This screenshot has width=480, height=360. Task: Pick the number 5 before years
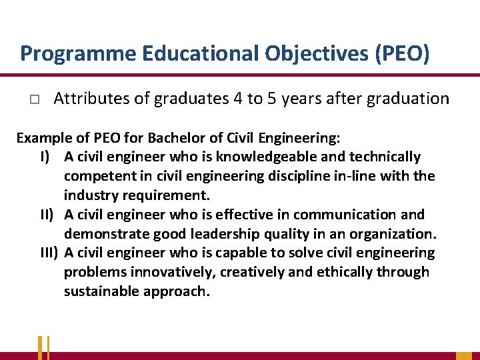coord(271,99)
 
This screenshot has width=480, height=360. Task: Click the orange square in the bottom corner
coord(464,355)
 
